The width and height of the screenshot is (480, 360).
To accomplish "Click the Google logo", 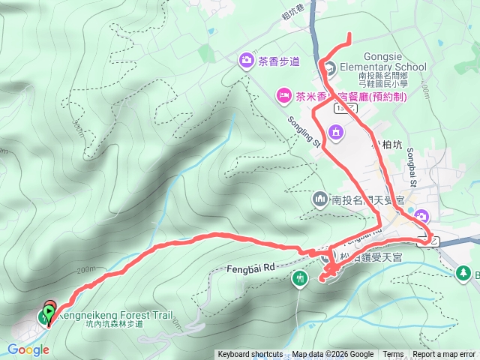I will pyautogui.click(x=28, y=349).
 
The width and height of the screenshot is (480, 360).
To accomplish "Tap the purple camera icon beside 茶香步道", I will pyautogui.click(x=246, y=60).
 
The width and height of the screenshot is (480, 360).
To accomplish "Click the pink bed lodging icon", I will pyautogui.click(x=283, y=95).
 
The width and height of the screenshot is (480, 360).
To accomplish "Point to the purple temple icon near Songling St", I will pyautogui.click(x=335, y=133).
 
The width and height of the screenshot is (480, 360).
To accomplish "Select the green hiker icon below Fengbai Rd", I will pyautogui.click(x=300, y=279).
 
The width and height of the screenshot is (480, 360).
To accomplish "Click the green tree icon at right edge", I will pyautogui.click(x=465, y=273).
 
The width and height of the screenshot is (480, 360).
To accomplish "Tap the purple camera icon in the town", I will pyautogui.click(x=421, y=217).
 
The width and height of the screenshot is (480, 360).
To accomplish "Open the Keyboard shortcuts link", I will pyautogui.click(x=250, y=355).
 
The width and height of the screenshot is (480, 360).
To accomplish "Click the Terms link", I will pyautogui.click(x=393, y=355).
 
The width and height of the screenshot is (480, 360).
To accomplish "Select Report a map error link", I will pyautogui.click(x=444, y=355).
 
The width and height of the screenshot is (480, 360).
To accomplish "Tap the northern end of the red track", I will pyautogui.click(x=349, y=34).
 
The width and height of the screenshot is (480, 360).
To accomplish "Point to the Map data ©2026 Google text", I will pyautogui.click(x=333, y=355).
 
